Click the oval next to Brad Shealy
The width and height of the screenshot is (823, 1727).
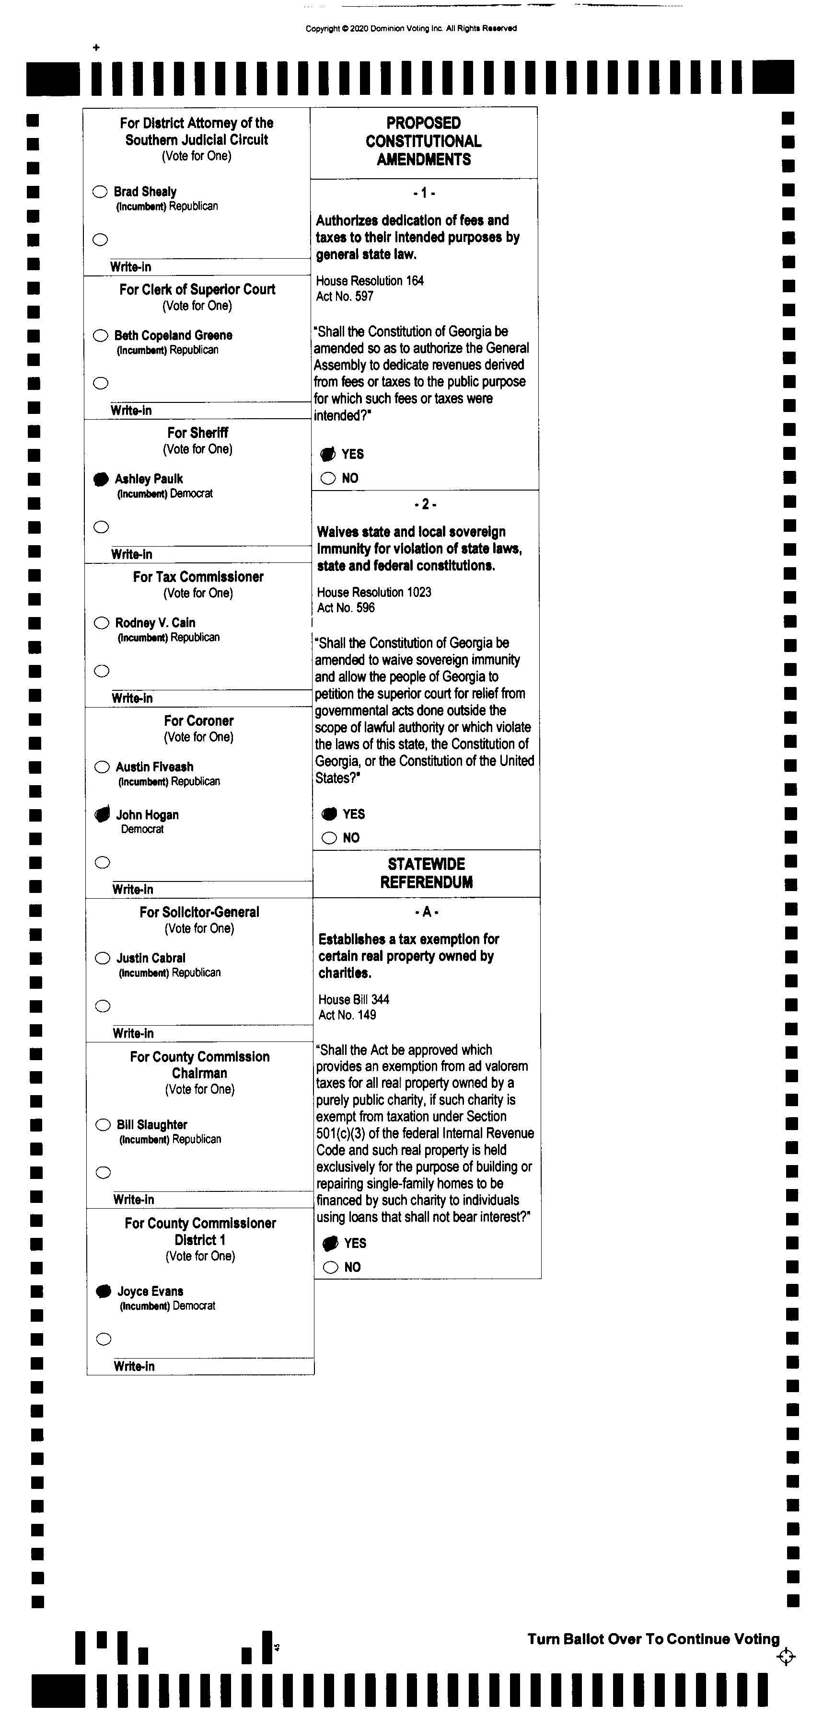100,192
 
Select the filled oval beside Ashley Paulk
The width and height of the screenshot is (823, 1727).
101,479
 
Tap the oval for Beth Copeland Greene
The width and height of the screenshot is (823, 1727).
101,335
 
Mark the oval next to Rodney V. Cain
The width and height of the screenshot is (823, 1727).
101,623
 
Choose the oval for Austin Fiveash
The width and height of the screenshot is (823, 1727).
102,767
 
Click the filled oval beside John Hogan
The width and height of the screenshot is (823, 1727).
102,814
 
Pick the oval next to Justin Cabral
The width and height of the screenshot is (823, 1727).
103,958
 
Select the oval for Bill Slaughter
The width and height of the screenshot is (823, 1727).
103,1124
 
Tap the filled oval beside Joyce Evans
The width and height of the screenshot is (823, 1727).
103,1291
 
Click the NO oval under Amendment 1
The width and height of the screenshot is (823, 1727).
328,478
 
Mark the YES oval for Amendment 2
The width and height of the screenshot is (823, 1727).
329,814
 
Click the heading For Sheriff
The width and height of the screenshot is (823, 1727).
198,433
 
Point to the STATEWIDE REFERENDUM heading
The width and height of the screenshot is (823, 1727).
427,873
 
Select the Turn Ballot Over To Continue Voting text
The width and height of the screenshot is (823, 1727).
653,1639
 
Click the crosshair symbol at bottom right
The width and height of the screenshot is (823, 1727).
786,1657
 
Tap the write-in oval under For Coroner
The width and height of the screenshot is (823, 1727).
102,862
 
